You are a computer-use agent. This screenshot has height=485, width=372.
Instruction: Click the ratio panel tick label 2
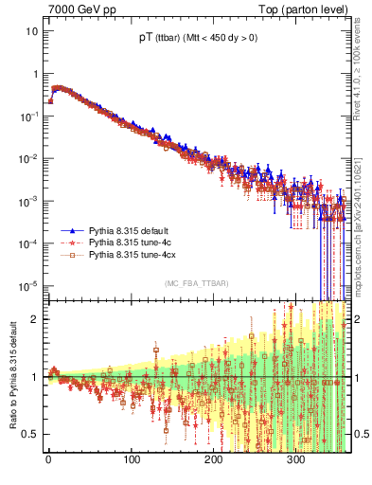click(x=35, y=318)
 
